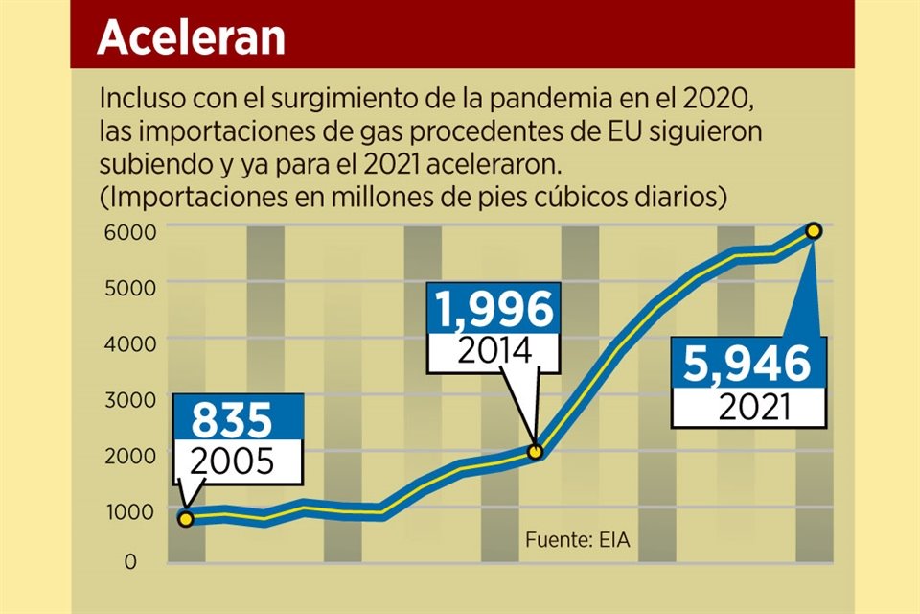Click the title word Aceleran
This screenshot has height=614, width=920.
point(191,36)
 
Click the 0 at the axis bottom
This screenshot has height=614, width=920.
point(130,562)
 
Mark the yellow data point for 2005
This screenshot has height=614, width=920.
point(185,519)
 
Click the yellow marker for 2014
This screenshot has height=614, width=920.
point(537,451)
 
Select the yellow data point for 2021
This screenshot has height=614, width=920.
point(814,230)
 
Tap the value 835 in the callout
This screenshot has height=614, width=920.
point(233,420)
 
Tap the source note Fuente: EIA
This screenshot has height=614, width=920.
point(577,539)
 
